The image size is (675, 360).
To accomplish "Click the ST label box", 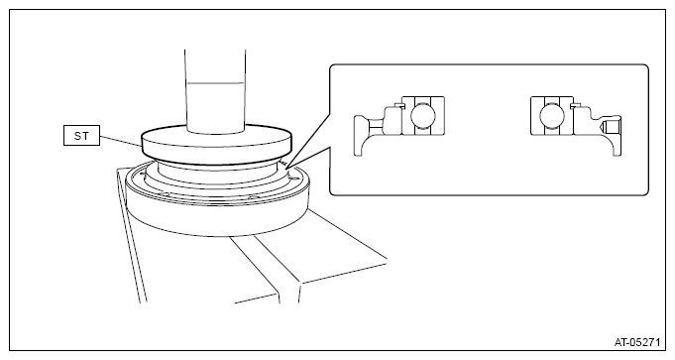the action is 82,135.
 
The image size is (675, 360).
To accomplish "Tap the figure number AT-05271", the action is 636,343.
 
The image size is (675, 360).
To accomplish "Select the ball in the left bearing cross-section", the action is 422,116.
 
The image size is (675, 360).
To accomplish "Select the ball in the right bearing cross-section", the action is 552,116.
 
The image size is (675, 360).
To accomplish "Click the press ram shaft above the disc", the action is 215,90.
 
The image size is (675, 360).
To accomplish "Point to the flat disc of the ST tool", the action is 216,145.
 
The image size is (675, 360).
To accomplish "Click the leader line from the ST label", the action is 121,141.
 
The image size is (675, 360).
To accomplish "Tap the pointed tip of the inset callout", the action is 285,167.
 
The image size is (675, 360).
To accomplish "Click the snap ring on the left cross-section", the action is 399,105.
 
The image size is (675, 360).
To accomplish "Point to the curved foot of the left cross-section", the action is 361,142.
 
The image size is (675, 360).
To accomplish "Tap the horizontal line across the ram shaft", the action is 215,83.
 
